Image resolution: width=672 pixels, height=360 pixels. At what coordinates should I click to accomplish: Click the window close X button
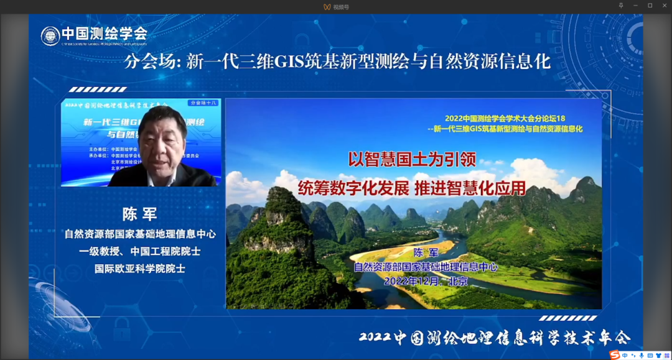click(x=664, y=6)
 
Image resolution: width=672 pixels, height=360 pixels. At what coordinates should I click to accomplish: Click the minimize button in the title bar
click(x=635, y=6)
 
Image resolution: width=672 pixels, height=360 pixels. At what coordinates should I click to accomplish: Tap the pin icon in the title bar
click(x=620, y=6)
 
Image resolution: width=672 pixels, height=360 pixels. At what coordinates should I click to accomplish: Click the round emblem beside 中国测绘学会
click(x=50, y=35)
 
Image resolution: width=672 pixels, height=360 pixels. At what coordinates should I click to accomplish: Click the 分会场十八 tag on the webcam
click(x=203, y=103)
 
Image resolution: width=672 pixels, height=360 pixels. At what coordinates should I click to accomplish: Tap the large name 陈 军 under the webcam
click(x=140, y=215)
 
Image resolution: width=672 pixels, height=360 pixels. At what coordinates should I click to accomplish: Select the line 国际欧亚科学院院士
click(x=140, y=269)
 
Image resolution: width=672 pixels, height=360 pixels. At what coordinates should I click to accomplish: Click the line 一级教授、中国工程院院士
click(x=140, y=251)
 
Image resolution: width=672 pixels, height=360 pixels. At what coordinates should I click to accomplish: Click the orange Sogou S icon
click(x=615, y=354)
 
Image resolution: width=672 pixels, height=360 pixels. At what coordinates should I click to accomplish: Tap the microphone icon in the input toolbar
click(x=642, y=355)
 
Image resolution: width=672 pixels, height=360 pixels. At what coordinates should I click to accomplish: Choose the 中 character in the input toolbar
click(x=625, y=355)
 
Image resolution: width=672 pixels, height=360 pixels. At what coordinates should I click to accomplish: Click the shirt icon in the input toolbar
click(x=658, y=355)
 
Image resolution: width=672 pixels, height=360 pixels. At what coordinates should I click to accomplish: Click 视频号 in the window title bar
click(x=341, y=6)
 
